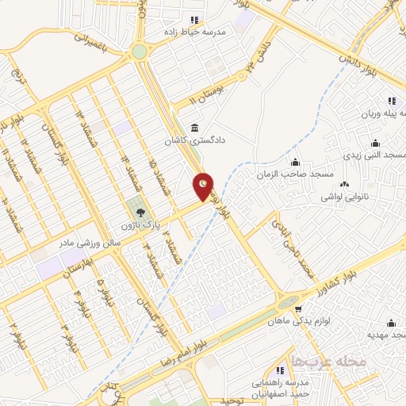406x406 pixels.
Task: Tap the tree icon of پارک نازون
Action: (141, 213)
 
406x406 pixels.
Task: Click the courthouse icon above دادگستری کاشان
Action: (194, 128)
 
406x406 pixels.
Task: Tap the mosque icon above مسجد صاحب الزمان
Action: (296, 162)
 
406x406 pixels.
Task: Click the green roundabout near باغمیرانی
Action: (140, 52)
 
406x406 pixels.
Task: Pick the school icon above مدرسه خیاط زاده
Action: (194, 21)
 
